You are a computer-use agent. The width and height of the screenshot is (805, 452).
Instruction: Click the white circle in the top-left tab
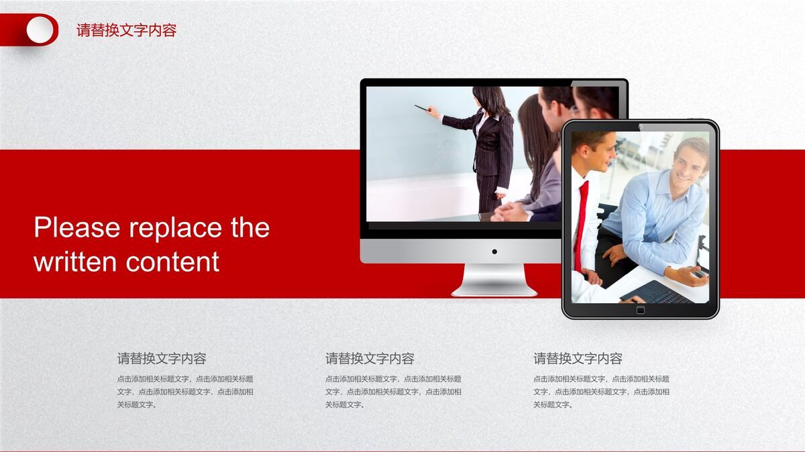(x=40, y=30)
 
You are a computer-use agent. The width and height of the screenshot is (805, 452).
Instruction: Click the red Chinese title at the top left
(x=126, y=30)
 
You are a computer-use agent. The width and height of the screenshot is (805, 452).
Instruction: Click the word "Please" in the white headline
(x=78, y=228)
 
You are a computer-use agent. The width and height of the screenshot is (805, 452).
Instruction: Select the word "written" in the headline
(x=75, y=262)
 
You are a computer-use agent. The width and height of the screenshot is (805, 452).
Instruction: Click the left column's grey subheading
(x=162, y=359)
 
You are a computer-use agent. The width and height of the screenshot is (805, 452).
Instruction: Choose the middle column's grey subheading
(x=370, y=359)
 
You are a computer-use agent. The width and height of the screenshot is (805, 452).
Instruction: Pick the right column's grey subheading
(x=578, y=359)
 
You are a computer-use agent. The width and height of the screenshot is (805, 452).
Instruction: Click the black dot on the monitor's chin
(x=494, y=251)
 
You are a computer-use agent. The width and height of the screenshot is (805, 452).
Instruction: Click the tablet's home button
(x=640, y=310)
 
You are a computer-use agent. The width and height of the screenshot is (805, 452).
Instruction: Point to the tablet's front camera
(x=640, y=126)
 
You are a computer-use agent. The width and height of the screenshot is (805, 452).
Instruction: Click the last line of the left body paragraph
(x=137, y=405)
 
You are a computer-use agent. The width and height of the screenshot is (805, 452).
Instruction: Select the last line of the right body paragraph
(x=553, y=405)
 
